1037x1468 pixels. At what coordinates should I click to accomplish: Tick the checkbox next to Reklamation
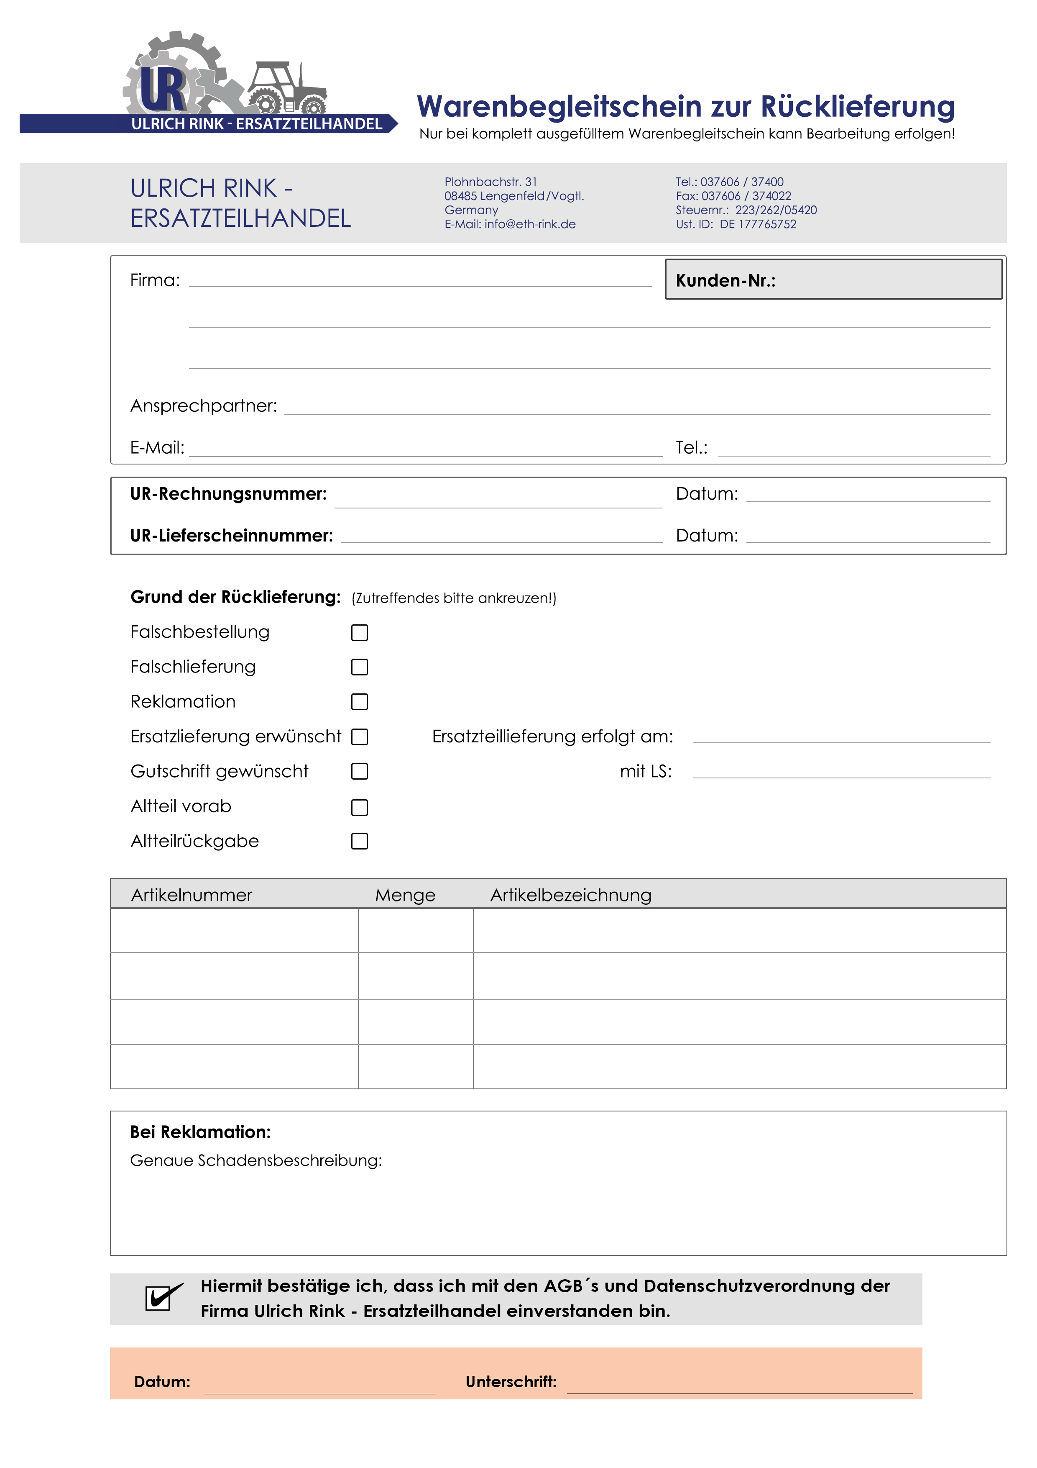coord(360,702)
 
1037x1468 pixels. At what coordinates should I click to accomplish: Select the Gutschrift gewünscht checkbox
coord(360,772)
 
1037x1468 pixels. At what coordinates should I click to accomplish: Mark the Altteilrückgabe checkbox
coord(360,842)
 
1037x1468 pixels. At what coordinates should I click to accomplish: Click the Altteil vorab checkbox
coord(360,808)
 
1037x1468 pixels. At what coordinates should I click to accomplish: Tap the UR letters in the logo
coord(163,90)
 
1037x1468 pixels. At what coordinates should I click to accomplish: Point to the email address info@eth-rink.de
coord(530,224)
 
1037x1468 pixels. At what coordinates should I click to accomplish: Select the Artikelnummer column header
coord(192,895)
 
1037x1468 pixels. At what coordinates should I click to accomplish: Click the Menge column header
coord(405,895)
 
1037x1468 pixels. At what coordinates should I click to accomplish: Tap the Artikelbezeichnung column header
coord(571,895)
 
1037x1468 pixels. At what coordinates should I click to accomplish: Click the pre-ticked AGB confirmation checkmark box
coord(158,1298)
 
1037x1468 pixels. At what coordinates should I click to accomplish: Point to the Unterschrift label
coord(511,1382)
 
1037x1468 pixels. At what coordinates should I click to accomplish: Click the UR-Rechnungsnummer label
coord(228,494)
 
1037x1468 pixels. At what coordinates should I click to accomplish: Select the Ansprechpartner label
coord(204,406)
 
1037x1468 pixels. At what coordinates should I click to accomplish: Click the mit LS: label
coord(645,772)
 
